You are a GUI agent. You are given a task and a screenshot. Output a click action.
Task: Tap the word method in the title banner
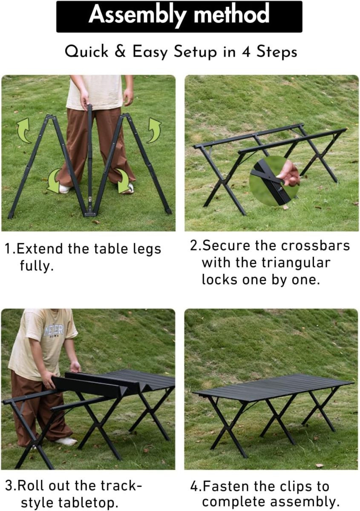coord(231,14)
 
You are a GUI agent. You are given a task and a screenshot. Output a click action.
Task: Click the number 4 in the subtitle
coord(246,52)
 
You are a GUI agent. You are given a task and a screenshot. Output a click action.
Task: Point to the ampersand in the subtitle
coord(120,51)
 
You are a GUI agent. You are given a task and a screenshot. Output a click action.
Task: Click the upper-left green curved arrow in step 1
coord(24,130)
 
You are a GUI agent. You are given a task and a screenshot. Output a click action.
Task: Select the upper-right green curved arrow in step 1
coord(154,130)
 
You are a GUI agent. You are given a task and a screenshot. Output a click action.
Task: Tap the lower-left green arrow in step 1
coord(54,181)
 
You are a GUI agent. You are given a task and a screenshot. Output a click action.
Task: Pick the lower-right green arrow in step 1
coord(124,181)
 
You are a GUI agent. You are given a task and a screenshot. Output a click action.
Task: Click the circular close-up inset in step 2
coord(274,181)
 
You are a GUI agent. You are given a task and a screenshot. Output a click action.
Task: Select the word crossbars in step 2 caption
coord(316,246)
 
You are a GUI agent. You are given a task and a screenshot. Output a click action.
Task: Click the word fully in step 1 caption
coord(37,266)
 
